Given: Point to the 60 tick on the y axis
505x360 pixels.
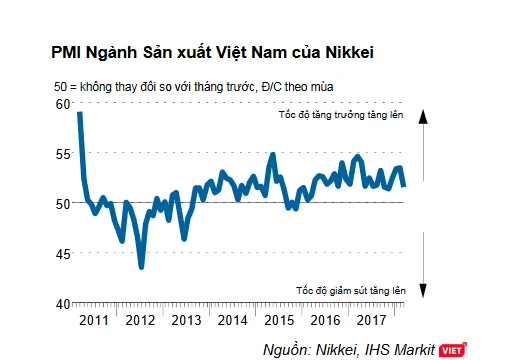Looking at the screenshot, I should [63, 104].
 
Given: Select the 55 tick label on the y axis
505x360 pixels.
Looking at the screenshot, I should [63, 153].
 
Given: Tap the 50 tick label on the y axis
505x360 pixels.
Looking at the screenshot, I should [63, 203].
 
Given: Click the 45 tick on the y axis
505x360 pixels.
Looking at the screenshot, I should [63, 253].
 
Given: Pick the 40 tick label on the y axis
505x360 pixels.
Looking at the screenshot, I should [63, 303].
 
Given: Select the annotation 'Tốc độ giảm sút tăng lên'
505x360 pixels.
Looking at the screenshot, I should [349, 290].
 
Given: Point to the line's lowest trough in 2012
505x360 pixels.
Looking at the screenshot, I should [142, 267].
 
